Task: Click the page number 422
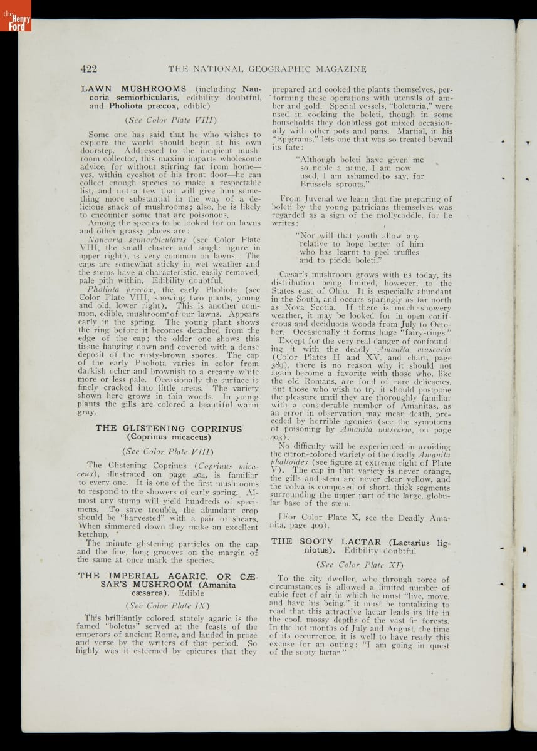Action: [x=88, y=68]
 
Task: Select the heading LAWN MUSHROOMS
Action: [x=134, y=89]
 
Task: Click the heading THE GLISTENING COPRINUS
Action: [x=169, y=428]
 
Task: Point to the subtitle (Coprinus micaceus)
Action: [x=169, y=437]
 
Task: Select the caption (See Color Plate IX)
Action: [x=169, y=605]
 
